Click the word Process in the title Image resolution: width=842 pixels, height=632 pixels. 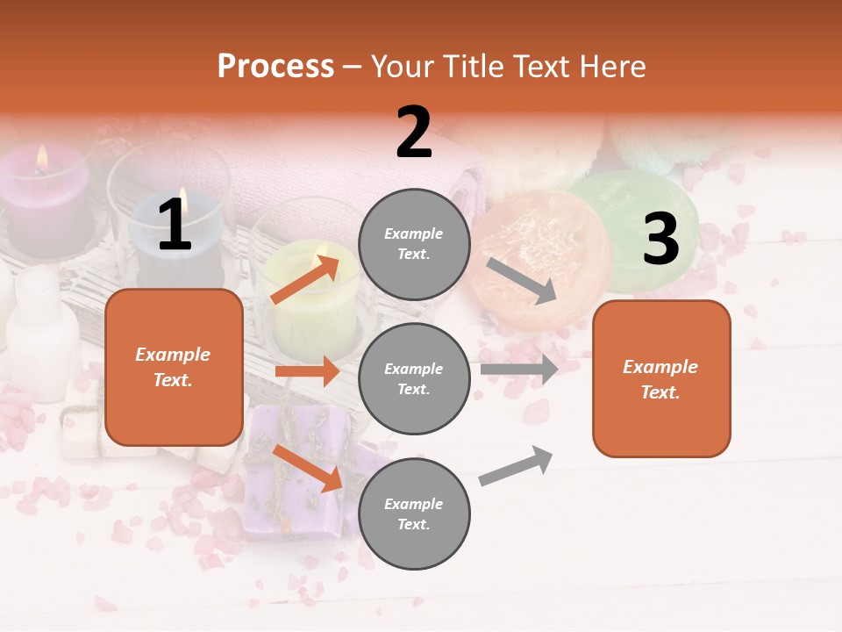pyautogui.click(x=275, y=67)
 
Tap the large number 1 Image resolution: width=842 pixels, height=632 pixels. pyautogui.click(x=175, y=226)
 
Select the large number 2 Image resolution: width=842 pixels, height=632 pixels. pyautogui.click(x=414, y=133)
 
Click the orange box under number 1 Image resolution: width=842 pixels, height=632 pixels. pyautogui.click(x=174, y=367)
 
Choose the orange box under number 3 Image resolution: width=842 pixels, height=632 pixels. pyautogui.click(x=661, y=378)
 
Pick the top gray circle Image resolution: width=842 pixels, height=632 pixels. pyautogui.click(x=414, y=244)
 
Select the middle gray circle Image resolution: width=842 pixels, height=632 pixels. pyautogui.click(x=414, y=378)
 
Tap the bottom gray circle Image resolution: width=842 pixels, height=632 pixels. pyautogui.click(x=414, y=513)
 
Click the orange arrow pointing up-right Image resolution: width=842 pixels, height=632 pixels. pyautogui.click(x=305, y=279)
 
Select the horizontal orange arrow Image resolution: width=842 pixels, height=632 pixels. pyautogui.click(x=307, y=371)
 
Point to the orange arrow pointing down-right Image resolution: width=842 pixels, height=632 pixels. pyautogui.click(x=308, y=468)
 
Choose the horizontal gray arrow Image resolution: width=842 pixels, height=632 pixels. pyautogui.click(x=519, y=369)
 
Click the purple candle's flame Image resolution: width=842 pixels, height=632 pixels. pyautogui.click(x=41, y=158)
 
